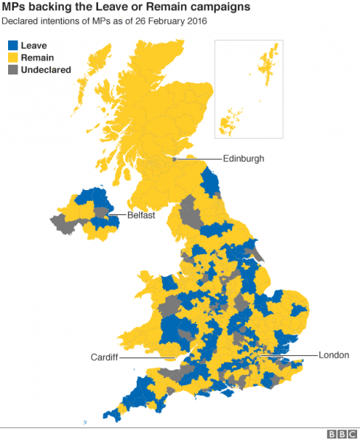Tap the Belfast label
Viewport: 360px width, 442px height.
pyautogui.click(x=140, y=217)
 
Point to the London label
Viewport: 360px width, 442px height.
pyautogui.click(x=333, y=355)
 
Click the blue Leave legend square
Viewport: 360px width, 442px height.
pyautogui.click(x=11, y=46)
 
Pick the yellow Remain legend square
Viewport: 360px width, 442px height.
pyautogui.click(x=11, y=57)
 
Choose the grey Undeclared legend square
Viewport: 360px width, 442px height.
pyautogui.click(x=11, y=70)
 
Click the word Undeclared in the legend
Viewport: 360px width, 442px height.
pyautogui.click(x=46, y=70)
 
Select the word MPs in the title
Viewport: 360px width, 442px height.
pyautogui.click(x=15, y=7)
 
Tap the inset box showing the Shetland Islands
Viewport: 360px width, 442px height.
pyautogui.click(x=248, y=88)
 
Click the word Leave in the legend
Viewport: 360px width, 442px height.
pyautogui.click(x=34, y=46)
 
